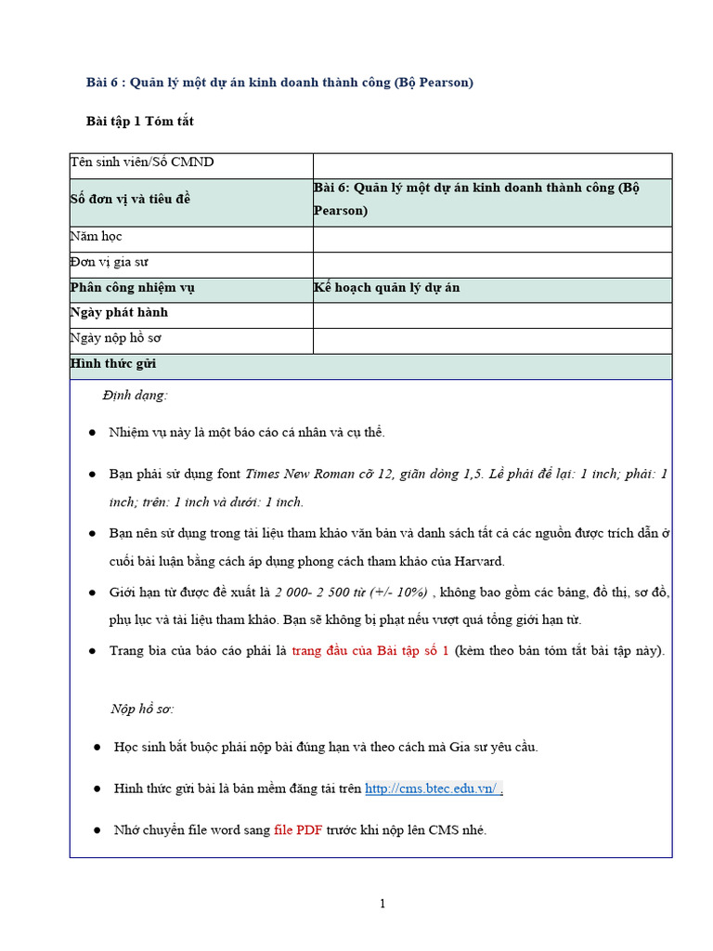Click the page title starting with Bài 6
[279, 83]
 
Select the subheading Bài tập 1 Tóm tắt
[139, 122]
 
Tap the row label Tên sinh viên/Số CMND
[142, 163]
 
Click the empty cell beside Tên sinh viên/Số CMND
[491, 164]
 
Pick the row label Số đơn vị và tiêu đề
[130, 199]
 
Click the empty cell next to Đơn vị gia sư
[491, 264]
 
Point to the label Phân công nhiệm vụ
[132, 288]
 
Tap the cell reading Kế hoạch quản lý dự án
[387, 288]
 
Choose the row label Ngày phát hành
[119, 313]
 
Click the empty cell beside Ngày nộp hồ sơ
[491, 340]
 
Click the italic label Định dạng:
[136, 396]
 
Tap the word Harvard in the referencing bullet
[478, 562]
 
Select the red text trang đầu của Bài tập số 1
[370, 650]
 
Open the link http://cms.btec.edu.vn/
[433, 788]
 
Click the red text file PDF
[298, 830]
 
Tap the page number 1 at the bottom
[382, 905]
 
